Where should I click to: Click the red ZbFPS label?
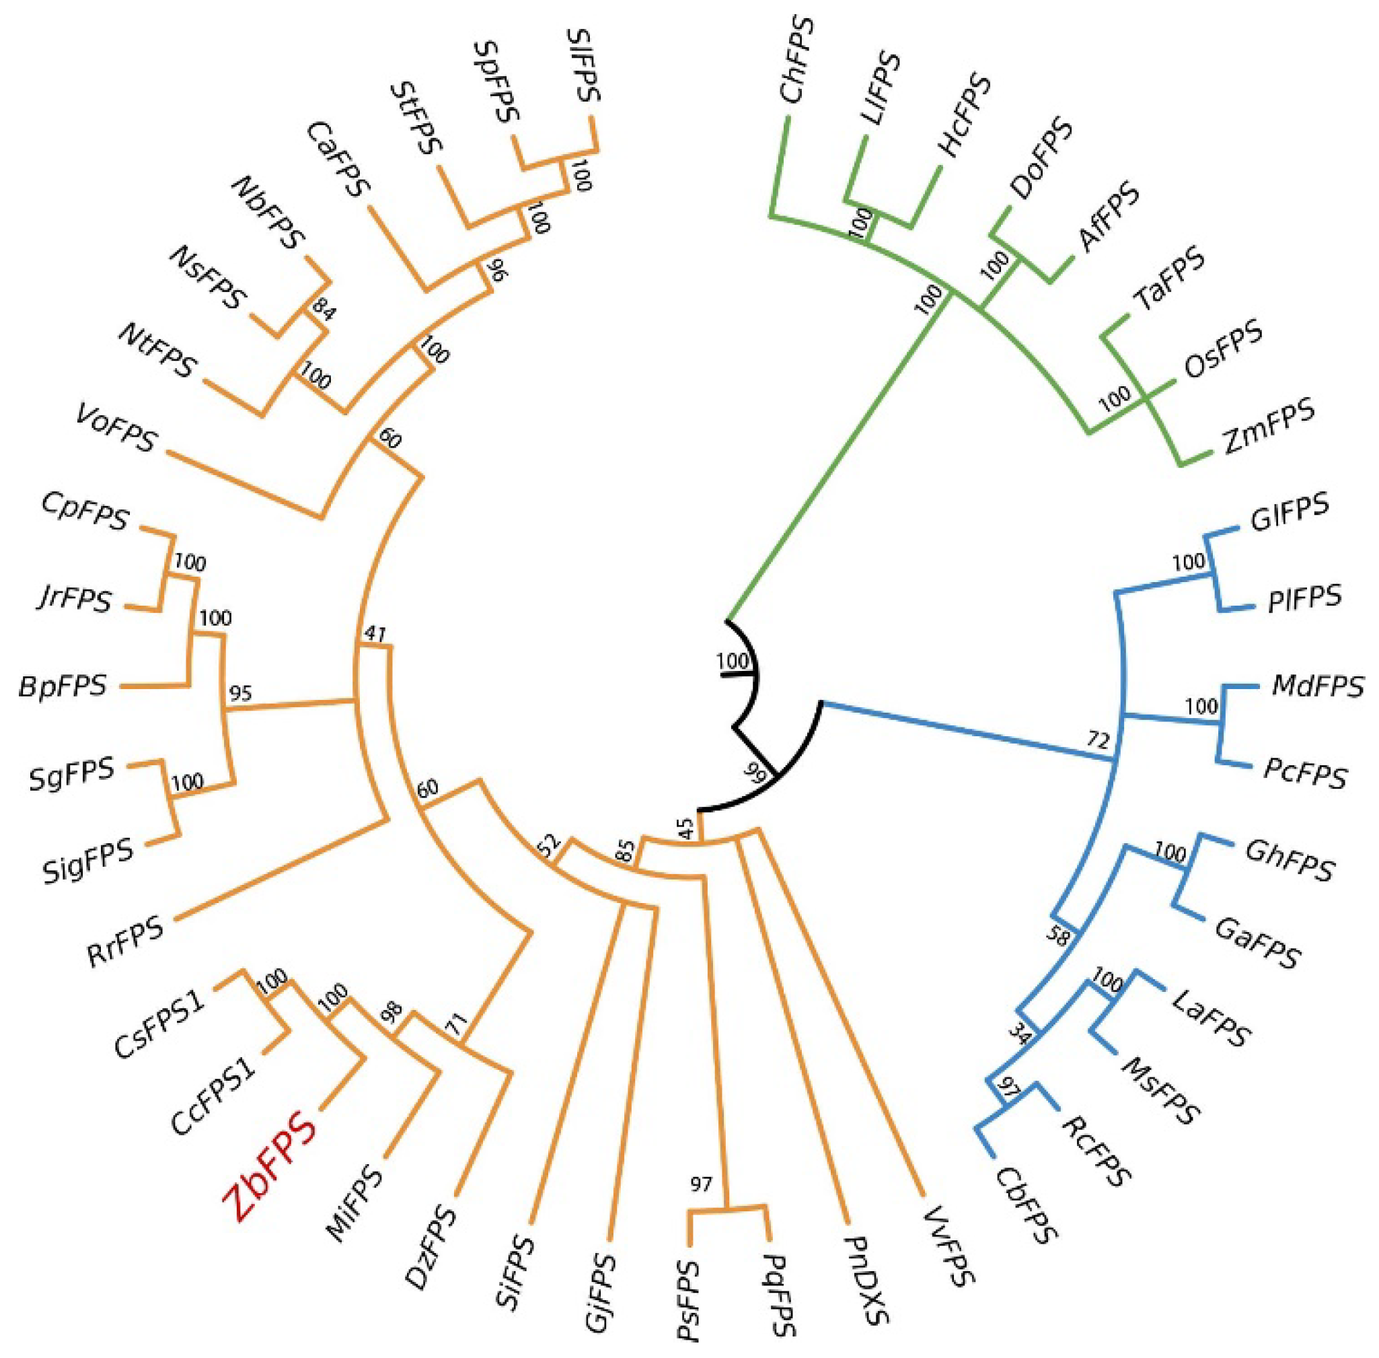[270, 1167]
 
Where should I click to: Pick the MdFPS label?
[1317, 686]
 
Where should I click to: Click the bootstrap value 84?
[322, 312]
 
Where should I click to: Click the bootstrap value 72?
[1098, 740]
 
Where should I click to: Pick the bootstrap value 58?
[1059, 936]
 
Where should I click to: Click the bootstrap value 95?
[240, 692]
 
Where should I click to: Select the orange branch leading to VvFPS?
[842, 1013]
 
